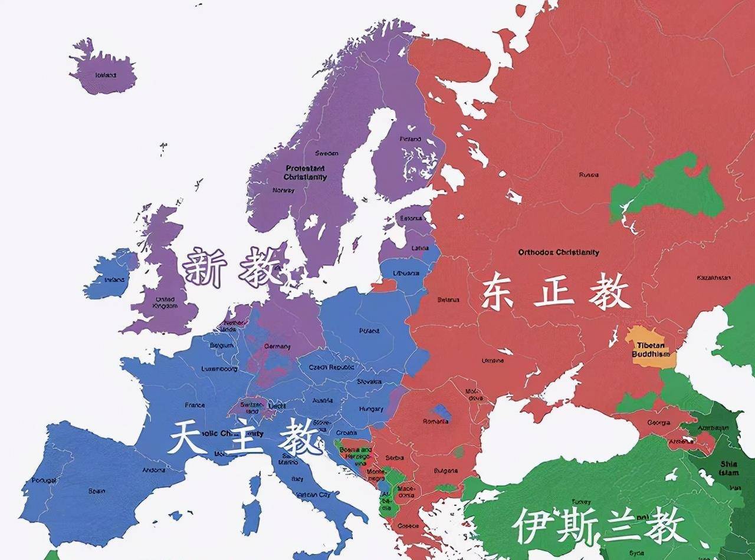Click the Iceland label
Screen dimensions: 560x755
tap(106, 75)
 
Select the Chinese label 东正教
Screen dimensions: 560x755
tap(554, 293)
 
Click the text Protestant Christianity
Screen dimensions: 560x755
tap(305, 173)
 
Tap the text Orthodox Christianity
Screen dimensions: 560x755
tap(558, 252)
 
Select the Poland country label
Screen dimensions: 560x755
tap(369, 331)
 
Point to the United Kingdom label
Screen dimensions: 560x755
tap(165, 302)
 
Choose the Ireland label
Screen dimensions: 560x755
tap(114, 280)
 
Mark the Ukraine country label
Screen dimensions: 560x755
tap(493, 360)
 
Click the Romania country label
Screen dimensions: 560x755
tap(435, 421)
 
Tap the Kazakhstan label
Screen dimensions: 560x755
tap(713, 278)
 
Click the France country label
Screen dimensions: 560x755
tap(195, 405)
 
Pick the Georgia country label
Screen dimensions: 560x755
tap(658, 423)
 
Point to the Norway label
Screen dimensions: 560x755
tap(283, 190)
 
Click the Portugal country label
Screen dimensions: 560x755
tap(44, 480)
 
